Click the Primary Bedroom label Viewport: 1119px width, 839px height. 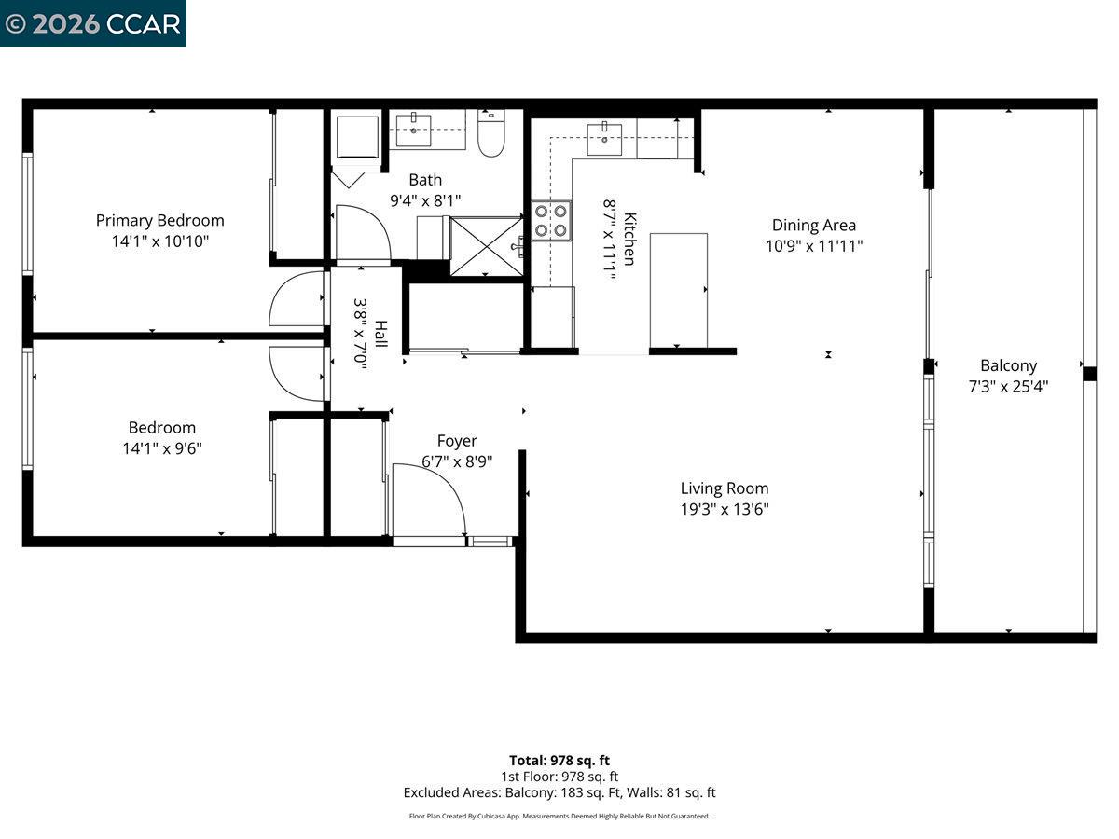pyautogui.click(x=159, y=221)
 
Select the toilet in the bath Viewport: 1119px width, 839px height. pyautogui.click(x=490, y=134)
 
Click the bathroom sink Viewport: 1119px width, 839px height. pyautogui.click(x=413, y=130)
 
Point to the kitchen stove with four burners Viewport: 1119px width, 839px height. pyautogui.click(x=551, y=222)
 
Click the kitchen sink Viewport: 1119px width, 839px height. pyautogui.click(x=606, y=138)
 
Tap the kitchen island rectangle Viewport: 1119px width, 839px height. pyautogui.click(x=678, y=290)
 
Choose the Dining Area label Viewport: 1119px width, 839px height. pyautogui.click(x=813, y=225)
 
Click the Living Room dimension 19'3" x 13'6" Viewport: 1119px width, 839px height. pyautogui.click(x=725, y=509)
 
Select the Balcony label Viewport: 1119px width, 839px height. pyautogui.click(x=1008, y=365)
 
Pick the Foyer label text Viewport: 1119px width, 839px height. pyautogui.click(x=457, y=441)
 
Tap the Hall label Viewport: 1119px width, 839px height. pyautogui.click(x=381, y=333)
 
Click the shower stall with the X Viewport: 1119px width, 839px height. pyautogui.click(x=486, y=246)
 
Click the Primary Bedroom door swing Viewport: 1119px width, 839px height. pyautogui.click(x=297, y=300)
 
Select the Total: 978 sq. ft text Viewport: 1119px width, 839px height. pyautogui.click(x=559, y=760)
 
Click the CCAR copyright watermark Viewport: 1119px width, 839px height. pyautogui.click(x=92, y=23)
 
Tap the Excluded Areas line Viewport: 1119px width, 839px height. pyautogui.click(x=559, y=792)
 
